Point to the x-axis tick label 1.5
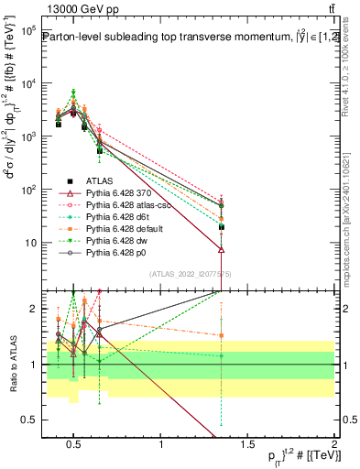click(247, 445)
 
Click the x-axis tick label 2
click(334, 445)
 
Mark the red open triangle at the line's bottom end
click(222, 249)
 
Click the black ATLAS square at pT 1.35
click(222, 226)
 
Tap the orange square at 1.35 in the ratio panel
click(222, 335)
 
